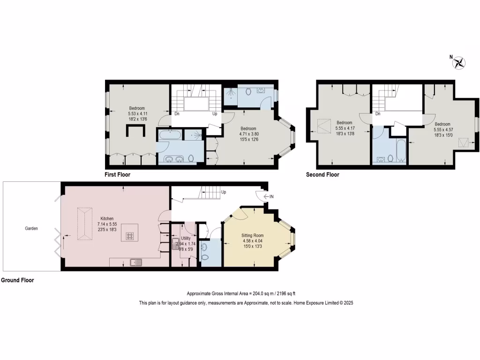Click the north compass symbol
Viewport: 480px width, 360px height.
[460, 62]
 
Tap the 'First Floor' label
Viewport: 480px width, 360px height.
[117, 175]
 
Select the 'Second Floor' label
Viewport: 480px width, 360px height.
[322, 175]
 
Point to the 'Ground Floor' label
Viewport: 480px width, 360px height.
[17, 280]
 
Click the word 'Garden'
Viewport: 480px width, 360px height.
[31, 229]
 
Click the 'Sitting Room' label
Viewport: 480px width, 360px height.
[252, 235]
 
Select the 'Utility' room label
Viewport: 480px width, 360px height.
[186, 238]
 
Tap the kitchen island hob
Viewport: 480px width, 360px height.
[130, 236]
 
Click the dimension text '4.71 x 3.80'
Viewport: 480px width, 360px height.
[248, 134]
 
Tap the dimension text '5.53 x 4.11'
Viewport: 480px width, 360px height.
[137, 113]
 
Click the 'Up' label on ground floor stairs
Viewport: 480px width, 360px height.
[224, 192]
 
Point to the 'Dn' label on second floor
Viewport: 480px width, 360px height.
[378, 114]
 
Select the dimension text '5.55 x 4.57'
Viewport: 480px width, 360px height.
[442, 129]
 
